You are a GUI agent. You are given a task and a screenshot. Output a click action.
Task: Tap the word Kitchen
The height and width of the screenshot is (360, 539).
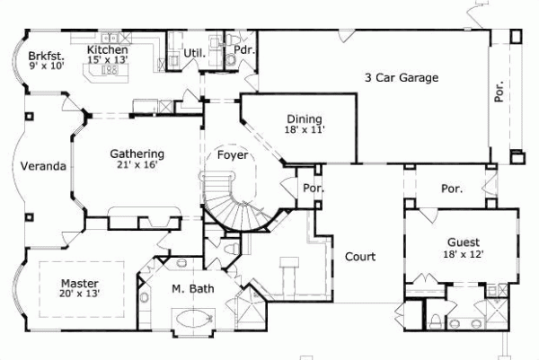click(107, 50)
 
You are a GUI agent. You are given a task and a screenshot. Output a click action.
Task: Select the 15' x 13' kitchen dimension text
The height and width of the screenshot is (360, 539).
click(108, 60)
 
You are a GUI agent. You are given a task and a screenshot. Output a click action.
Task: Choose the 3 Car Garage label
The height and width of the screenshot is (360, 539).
click(402, 77)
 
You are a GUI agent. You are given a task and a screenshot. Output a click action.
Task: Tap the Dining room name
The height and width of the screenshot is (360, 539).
click(305, 119)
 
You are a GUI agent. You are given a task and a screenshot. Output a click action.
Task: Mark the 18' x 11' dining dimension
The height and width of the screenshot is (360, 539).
click(305, 129)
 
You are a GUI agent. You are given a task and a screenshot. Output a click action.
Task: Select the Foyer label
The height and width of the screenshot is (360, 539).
click(234, 154)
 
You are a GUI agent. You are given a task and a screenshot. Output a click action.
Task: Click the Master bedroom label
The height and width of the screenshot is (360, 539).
click(79, 280)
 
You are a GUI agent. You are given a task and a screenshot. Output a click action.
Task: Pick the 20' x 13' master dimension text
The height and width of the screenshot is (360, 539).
click(79, 292)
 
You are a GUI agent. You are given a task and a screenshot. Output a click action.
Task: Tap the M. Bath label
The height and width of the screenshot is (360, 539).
click(191, 289)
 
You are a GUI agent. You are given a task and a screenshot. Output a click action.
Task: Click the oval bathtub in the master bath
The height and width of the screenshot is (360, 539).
click(190, 317)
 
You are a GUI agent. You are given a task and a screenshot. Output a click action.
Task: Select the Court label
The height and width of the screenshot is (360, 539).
click(360, 256)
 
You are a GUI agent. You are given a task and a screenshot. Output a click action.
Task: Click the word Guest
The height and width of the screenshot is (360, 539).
click(463, 242)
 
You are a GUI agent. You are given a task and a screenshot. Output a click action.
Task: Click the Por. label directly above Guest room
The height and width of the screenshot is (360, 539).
click(452, 189)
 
